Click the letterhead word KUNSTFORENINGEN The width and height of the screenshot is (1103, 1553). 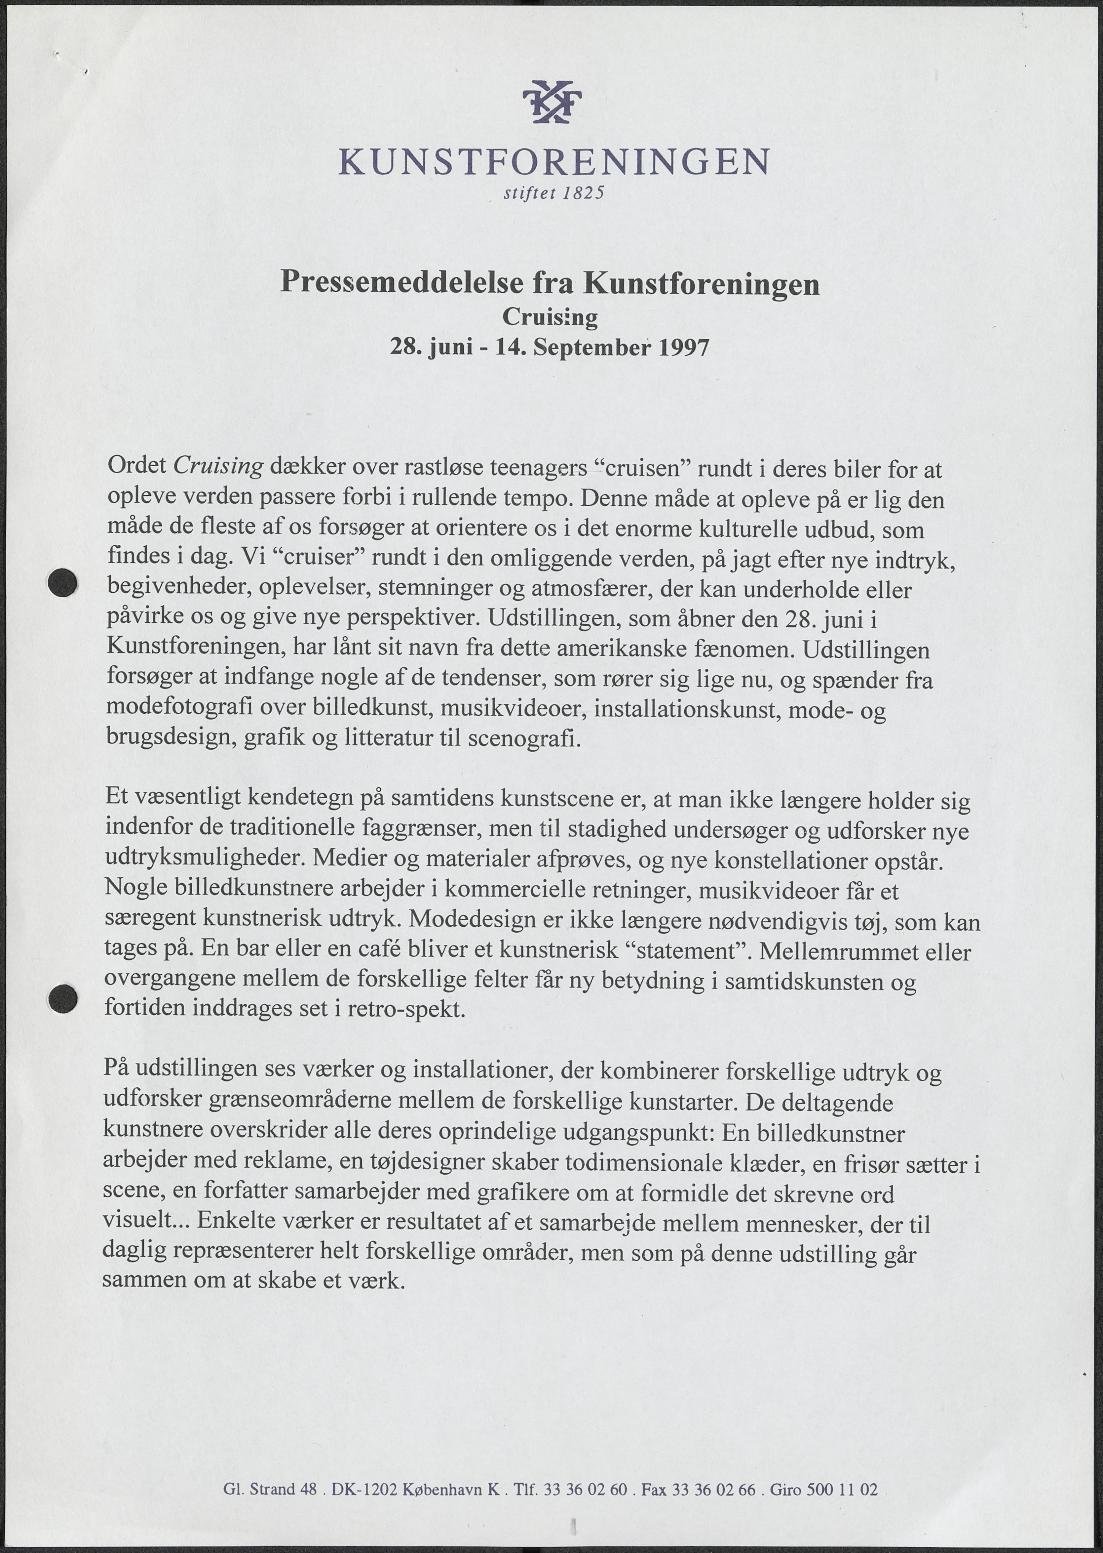click(553, 162)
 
